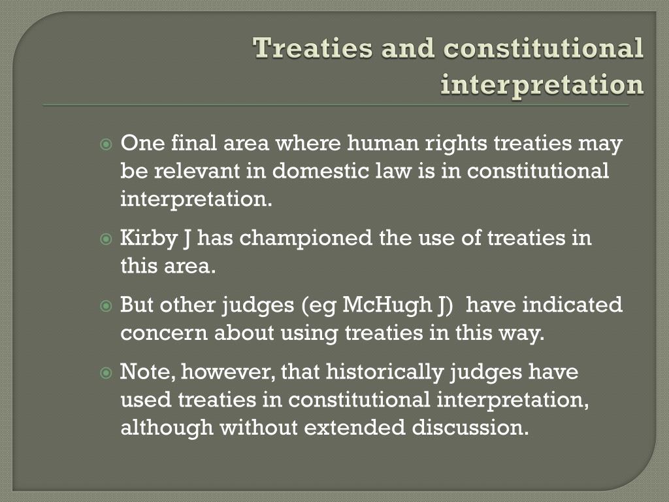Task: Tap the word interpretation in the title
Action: [542, 84]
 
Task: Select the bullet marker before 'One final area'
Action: [105, 144]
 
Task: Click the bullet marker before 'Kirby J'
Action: [105, 239]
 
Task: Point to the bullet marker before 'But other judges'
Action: [105, 306]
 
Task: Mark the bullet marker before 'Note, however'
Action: [105, 373]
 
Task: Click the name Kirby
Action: [148, 239]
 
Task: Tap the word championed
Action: [306, 239]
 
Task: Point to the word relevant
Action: [197, 171]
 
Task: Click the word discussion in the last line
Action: [470, 427]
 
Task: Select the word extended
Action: [354, 427]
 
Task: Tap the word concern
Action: [164, 333]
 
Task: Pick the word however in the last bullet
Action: [228, 372]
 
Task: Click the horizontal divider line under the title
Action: [336, 105]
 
